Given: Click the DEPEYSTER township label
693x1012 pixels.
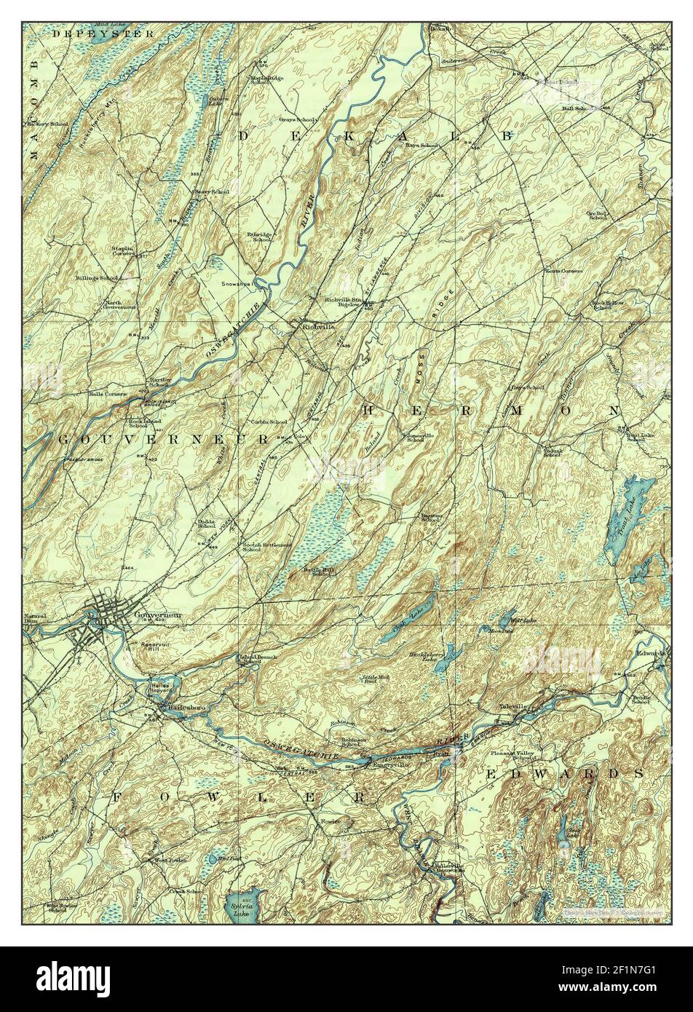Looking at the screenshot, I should pyautogui.click(x=103, y=33).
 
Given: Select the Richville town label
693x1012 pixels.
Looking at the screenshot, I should pyautogui.click(x=318, y=328).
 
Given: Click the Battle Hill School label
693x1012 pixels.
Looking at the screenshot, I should pyautogui.click(x=322, y=572).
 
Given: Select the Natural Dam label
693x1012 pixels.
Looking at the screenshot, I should pyautogui.click(x=34, y=619).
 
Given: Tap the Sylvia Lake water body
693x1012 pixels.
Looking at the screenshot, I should pyautogui.click(x=242, y=906).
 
